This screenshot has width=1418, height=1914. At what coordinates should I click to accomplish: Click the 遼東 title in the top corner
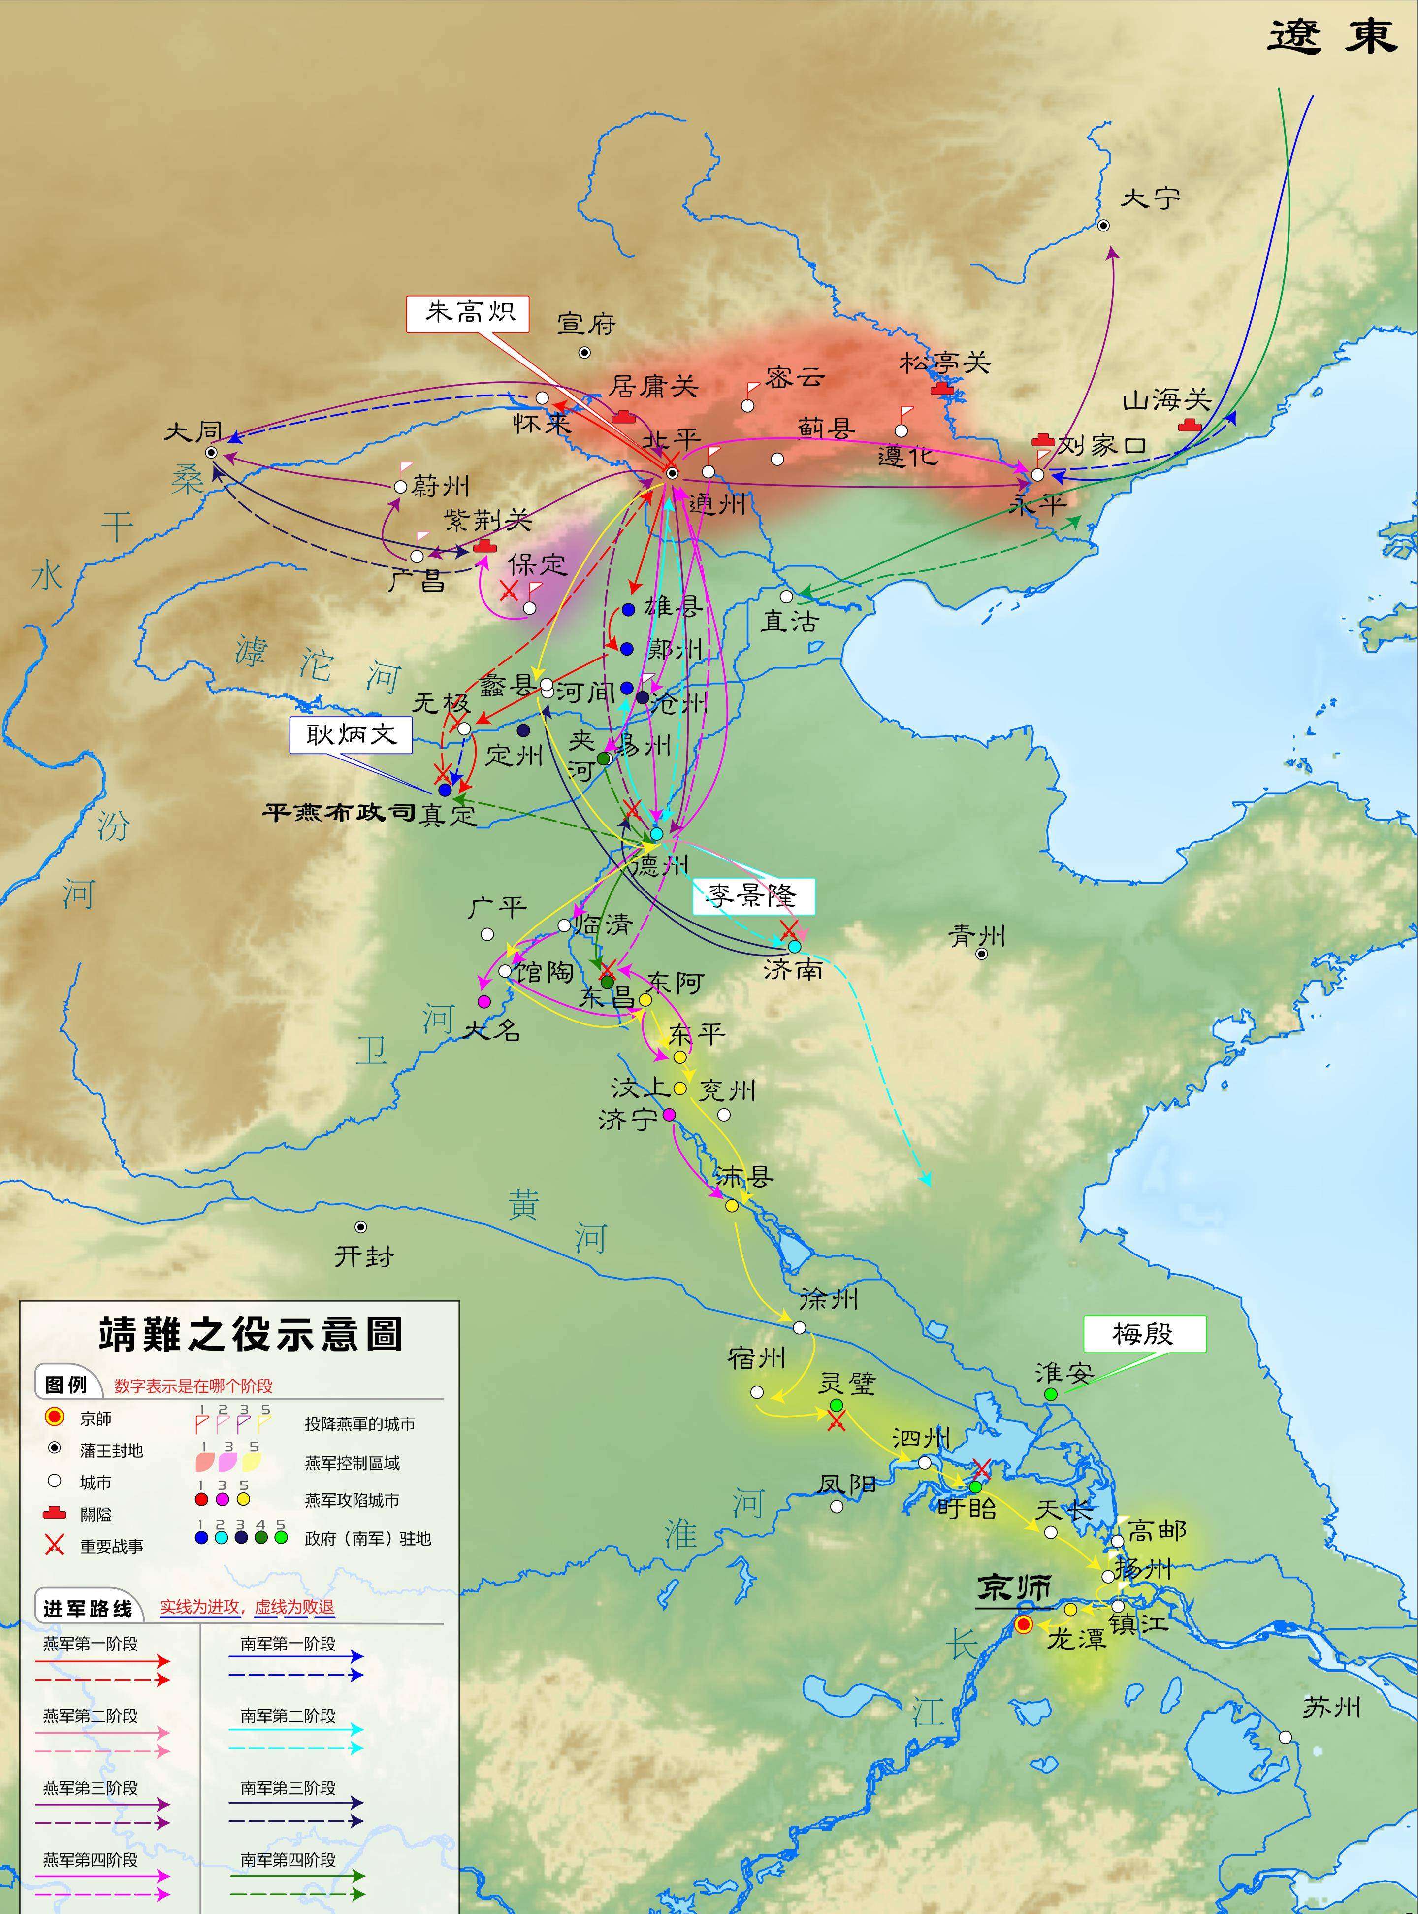pyautogui.click(x=1333, y=38)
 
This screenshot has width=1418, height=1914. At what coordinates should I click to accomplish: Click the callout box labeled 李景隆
pyautogui.click(x=753, y=896)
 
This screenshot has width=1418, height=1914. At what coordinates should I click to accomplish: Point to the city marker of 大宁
pyautogui.click(x=1104, y=225)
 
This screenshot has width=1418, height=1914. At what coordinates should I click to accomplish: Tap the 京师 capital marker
pyautogui.click(x=1023, y=1624)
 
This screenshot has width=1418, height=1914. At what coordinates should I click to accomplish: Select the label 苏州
pyautogui.click(x=1331, y=1707)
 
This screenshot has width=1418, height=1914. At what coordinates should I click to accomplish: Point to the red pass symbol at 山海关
pyautogui.click(x=1189, y=424)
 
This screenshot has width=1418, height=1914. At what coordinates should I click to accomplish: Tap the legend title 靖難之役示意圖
pyautogui.click(x=251, y=1333)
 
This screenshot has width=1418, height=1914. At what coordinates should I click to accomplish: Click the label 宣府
pyautogui.click(x=587, y=324)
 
